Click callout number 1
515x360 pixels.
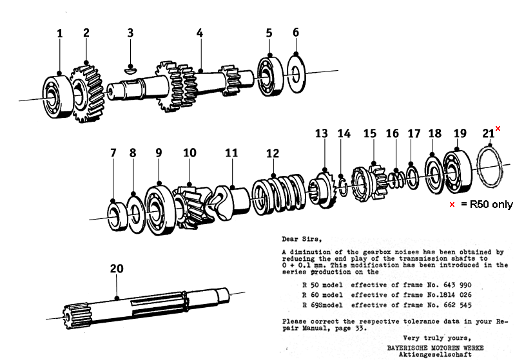coord(60,33)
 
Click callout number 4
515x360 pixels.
coord(200,32)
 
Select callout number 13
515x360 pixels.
coord(321,133)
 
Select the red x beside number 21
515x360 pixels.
coord(498,129)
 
